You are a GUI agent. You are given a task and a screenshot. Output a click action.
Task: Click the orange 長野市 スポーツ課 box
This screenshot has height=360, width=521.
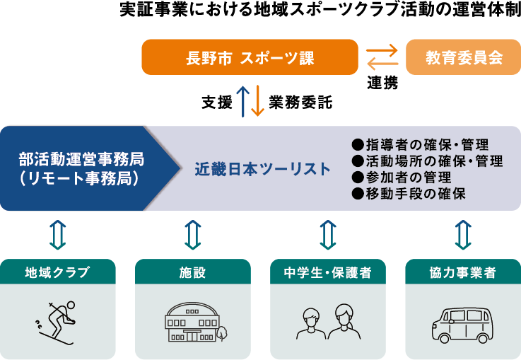point(250,57)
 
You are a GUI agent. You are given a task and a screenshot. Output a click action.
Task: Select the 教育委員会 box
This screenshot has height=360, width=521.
point(463,57)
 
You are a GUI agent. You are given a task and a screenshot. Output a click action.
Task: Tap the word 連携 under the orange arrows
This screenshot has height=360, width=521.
point(382,83)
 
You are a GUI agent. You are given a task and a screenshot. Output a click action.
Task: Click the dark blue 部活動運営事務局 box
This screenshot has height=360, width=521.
point(81,168)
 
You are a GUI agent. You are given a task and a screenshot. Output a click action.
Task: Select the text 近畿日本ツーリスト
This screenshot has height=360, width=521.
point(262,169)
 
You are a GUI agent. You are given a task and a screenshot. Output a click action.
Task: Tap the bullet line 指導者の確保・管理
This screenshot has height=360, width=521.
point(426,146)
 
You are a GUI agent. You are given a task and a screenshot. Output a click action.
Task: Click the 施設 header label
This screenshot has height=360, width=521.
point(192,272)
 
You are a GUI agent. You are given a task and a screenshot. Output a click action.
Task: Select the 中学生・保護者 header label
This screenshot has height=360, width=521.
point(327,272)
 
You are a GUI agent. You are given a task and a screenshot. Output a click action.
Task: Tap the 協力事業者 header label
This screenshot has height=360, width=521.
point(462,272)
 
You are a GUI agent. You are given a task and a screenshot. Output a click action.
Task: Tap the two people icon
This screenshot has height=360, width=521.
point(327,322)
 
